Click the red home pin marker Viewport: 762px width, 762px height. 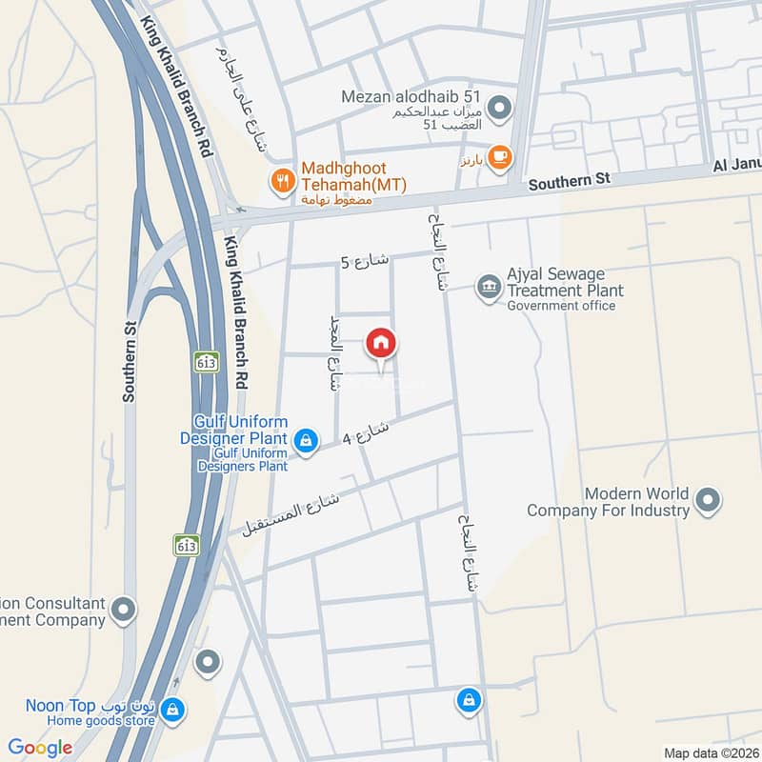381,345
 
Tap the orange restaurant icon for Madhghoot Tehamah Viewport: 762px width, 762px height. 281,179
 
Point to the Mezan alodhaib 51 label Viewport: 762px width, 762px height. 412,96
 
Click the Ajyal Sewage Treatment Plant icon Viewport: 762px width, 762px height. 489,287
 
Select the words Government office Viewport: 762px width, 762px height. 561,306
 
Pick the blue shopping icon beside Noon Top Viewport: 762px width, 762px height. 172,709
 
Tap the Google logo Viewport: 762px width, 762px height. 40,747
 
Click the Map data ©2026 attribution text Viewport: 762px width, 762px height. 709,752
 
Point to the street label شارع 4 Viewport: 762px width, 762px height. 366,435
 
